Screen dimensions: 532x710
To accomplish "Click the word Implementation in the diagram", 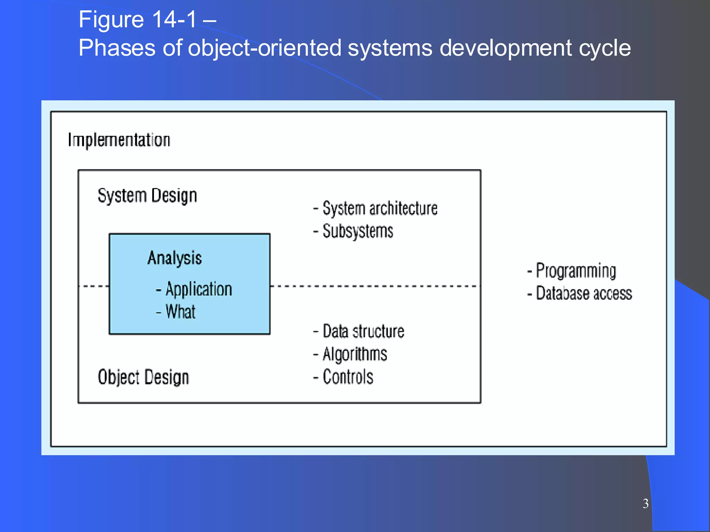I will tap(119, 140).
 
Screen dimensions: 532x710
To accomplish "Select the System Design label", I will tap(147, 196).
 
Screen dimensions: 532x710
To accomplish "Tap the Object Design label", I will tap(143, 377).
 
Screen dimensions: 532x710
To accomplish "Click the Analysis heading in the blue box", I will tap(174, 258).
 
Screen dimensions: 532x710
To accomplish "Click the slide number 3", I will tap(645, 503).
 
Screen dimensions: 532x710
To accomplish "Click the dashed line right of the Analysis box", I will tap(374, 286).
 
